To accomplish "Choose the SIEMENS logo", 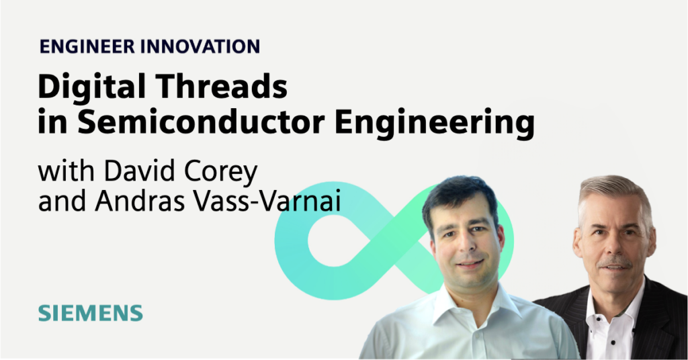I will click(90, 312).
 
